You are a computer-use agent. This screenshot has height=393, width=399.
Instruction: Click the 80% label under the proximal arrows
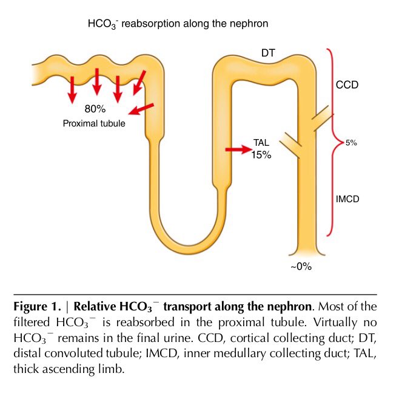(95, 109)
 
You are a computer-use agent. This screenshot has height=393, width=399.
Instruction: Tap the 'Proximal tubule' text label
(94, 123)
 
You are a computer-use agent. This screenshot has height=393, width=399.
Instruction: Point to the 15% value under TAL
(261, 155)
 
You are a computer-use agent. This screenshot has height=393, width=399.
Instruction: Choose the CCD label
(347, 84)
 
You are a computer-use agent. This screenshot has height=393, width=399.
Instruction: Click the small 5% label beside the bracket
(351, 143)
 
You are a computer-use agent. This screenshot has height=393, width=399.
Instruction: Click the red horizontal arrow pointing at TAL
(237, 148)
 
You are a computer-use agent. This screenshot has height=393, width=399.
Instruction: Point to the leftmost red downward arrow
(72, 89)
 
